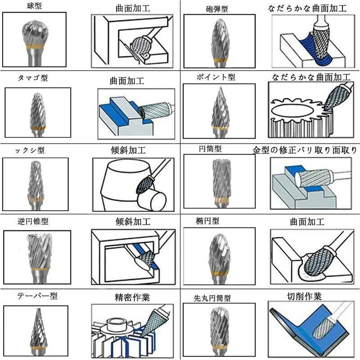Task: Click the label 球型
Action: [x=34, y=6]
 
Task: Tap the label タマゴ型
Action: [x=33, y=78]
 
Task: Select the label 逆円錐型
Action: [x=33, y=221]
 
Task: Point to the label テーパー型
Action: [x=37, y=296]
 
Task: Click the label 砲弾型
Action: [x=217, y=9]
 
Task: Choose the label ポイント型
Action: [x=216, y=77]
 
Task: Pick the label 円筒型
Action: [x=210, y=149]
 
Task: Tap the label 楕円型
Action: [x=207, y=221]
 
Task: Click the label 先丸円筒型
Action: [x=212, y=298]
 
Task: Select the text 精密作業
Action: [x=132, y=297]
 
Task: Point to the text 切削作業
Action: [x=304, y=297]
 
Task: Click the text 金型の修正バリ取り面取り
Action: [x=305, y=150]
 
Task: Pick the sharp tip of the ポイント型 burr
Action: [x=220, y=87]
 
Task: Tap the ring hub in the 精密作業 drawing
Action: [x=117, y=323]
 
